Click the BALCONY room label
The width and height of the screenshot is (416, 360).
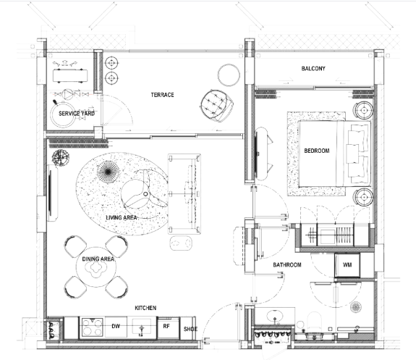(x=313, y=69)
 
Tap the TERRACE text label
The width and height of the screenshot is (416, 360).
(x=162, y=95)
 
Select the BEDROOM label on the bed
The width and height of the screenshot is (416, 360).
(x=317, y=151)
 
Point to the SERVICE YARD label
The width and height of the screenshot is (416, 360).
(x=77, y=114)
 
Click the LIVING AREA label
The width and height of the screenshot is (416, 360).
(x=122, y=217)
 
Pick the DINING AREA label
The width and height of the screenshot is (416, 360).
(x=98, y=259)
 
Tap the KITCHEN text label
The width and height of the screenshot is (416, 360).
(x=145, y=308)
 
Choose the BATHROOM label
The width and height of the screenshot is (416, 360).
(x=287, y=265)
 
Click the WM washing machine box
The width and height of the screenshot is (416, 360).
(x=347, y=265)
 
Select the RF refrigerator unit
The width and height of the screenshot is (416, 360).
(x=168, y=327)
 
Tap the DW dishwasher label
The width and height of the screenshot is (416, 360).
(x=116, y=326)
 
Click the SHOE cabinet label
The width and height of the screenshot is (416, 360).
(x=190, y=329)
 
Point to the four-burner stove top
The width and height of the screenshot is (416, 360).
(x=92, y=327)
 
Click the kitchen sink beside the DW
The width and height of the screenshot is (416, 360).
(x=142, y=327)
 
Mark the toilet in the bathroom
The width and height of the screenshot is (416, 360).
(x=314, y=322)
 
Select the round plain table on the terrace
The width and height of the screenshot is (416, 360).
(x=229, y=75)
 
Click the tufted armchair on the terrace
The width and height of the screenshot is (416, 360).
(x=217, y=106)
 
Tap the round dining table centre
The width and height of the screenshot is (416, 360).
(x=96, y=267)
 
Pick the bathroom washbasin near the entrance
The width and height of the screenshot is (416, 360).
(x=275, y=317)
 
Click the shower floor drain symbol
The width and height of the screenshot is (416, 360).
(x=355, y=307)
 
